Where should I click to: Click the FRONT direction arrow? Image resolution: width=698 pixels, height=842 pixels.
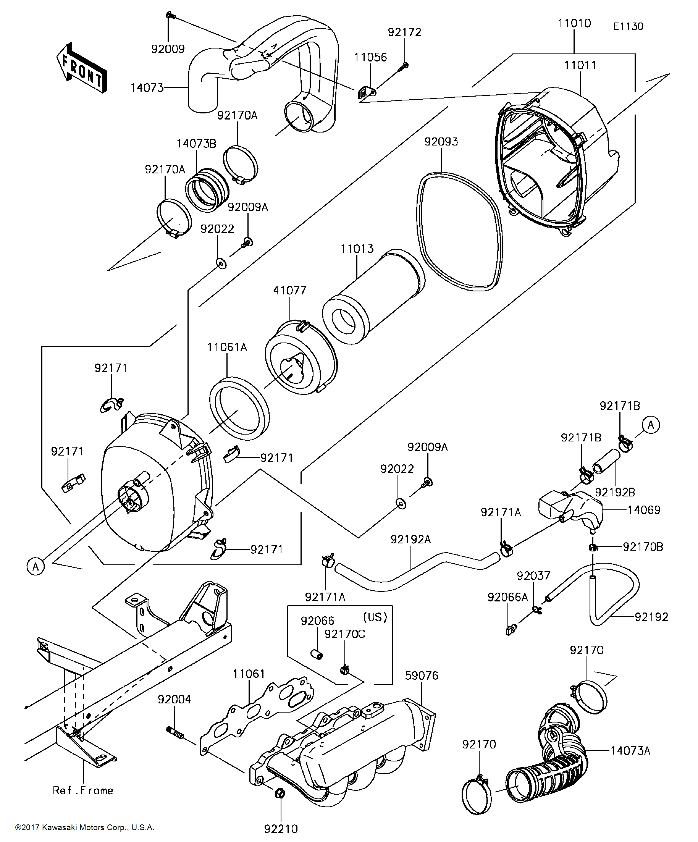click(82, 68)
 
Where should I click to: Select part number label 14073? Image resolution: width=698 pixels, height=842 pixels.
click(147, 87)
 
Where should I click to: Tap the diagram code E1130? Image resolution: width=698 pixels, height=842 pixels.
click(628, 26)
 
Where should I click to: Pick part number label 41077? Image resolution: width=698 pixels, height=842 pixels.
click(289, 290)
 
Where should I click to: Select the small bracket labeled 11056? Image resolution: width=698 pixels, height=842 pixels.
click(366, 94)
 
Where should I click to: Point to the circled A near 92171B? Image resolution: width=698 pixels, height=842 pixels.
click(650, 425)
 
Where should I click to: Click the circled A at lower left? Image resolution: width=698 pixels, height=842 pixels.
click(36, 567)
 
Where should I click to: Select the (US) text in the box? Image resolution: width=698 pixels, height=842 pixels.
click(375, 617)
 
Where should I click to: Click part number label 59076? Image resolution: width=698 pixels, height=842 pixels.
click(422, 676)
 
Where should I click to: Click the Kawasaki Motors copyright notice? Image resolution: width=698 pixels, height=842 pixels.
click(85, 827)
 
